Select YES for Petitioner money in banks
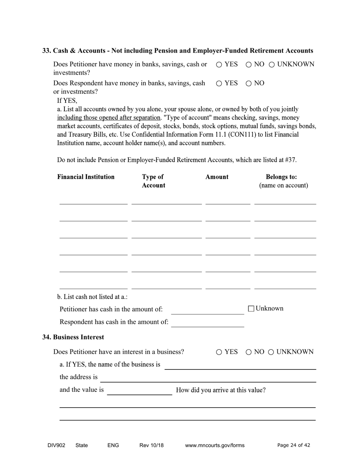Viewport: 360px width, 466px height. pyautogui.click(x=219, y=65)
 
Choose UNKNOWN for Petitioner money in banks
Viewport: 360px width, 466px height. pyautogui.click(x=272, y=65)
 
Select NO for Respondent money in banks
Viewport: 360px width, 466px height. pyautogui.click(x=249, y=84)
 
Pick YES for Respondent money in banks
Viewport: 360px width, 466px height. pyautogui.click(x=219, y=84)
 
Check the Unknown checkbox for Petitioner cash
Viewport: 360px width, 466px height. pyautogui.click(x=251, y=309)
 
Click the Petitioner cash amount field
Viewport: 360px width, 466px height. pyautogui.click(x=207, y=310)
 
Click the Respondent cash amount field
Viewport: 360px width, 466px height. pyautogui.click(x=207, y=322)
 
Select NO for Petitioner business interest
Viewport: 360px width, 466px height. pyautogui.click(x=249, y=352)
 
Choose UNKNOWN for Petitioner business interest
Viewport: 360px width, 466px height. pyautogui.click(x=271, y=352)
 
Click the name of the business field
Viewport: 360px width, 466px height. pyautogui.click(x=240, y=365)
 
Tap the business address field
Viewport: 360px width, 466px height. pyautogui.click(x=208, y=378)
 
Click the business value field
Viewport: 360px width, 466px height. pyautogui.click(x=139, y=391)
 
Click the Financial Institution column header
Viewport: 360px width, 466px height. pyautogui.click(x=86, y=177)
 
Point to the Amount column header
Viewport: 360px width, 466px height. pyautogui.click(x=217, y=177)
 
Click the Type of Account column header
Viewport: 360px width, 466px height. pyautogui.click(x=153, y=181)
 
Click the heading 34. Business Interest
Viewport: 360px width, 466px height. pyautogui.click(x=73, y=337)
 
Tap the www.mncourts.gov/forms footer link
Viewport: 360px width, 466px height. pyautogui.click(x=214, y=446)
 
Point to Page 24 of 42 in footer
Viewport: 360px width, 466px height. pyautogui.click(x=294, y=446)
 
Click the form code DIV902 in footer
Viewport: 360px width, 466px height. pyautogui.click(x=56, y=446)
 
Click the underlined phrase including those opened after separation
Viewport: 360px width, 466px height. pyautogui.click(x=109, y=118)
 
